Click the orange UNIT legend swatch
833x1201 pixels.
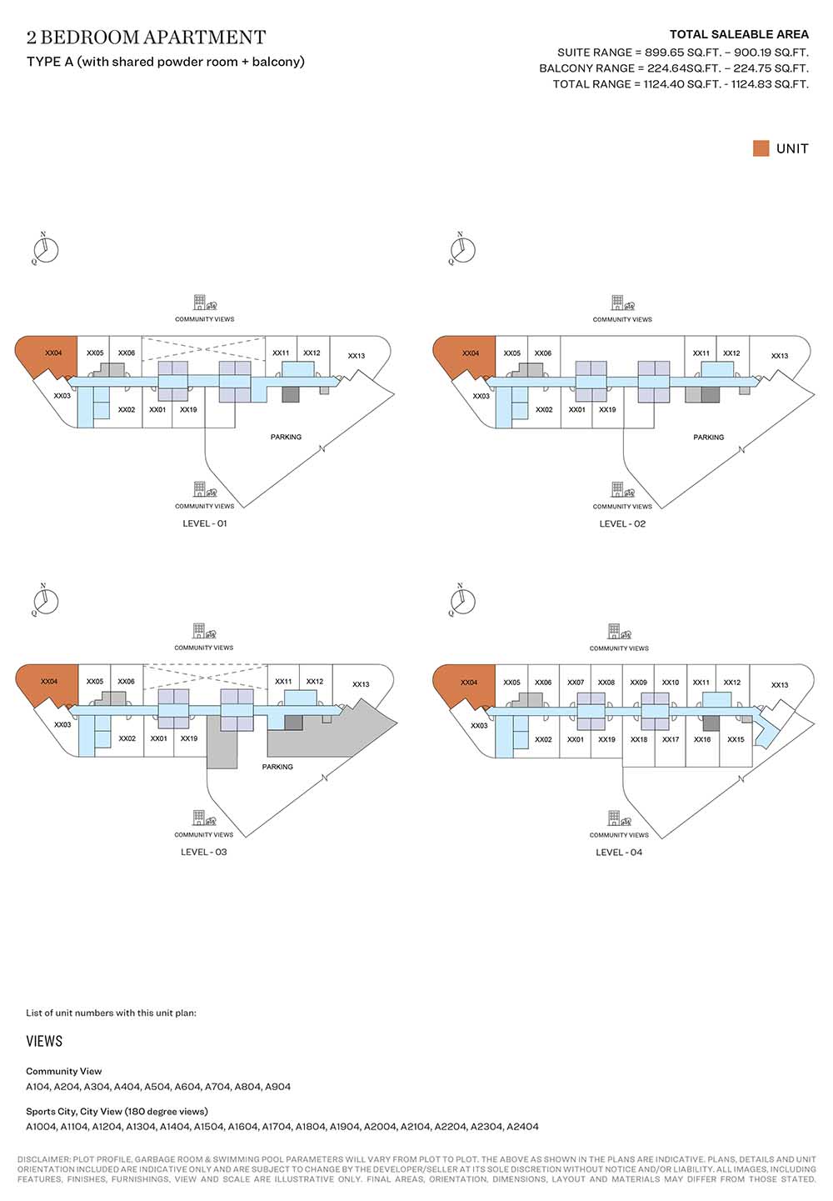pos(761,148)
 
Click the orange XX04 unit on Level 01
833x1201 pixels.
pos(48,356)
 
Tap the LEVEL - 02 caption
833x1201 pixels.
pos(622,523)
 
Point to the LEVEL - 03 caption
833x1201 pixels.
pos(203,852)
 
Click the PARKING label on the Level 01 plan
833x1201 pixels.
pos(286,437)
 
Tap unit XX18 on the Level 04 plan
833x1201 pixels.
pos(639,739)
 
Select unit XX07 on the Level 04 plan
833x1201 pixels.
pos(576,683)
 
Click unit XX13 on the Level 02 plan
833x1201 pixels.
pos(779,356)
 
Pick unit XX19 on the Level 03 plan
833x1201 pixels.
pos(189,738)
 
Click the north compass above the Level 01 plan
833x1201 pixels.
pos(46,248)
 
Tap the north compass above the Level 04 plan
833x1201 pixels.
pos(462,600)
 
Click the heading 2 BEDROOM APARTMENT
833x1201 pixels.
pos(146,38)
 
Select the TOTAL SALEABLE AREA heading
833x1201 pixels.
pos(739,34)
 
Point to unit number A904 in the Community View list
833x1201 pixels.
pos(277,1087)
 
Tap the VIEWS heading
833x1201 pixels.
pos(44,1041)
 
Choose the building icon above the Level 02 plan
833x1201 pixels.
pos(616,302)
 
